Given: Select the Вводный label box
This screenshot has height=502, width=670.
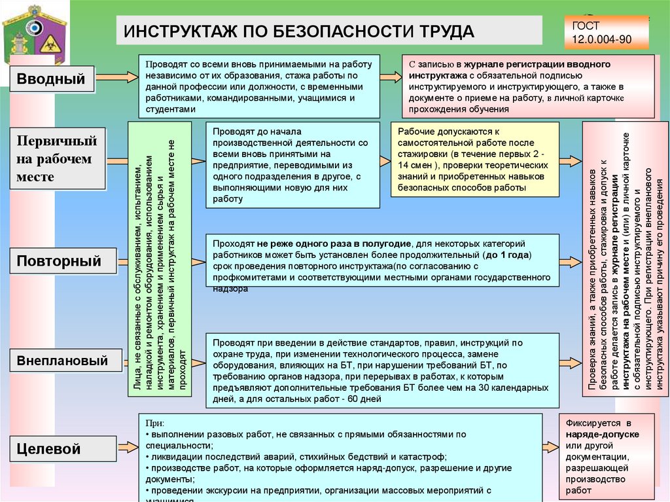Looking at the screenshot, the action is (52, 80).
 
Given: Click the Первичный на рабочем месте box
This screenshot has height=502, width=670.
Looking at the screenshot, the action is (57, 158).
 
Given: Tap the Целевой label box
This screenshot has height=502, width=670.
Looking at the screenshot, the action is (58, 449).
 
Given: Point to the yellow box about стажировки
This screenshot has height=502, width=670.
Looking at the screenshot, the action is (474, 159).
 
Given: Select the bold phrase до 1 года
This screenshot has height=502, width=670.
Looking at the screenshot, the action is (507, 254).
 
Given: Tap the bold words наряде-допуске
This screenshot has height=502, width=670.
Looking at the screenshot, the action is (603, 434).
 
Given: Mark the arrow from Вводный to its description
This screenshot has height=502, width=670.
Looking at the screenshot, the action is (116, 81).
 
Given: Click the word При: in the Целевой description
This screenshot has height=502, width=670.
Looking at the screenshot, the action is (155, 423).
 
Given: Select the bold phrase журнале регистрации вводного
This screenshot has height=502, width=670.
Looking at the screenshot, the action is (534, 64).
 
